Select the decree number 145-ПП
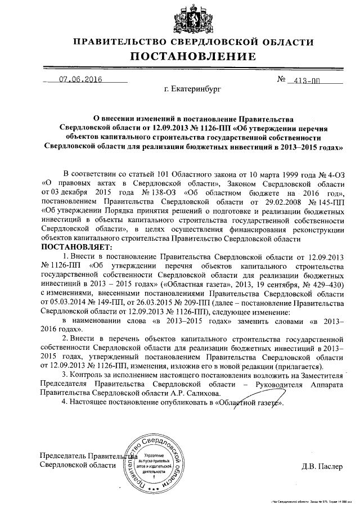328,200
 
